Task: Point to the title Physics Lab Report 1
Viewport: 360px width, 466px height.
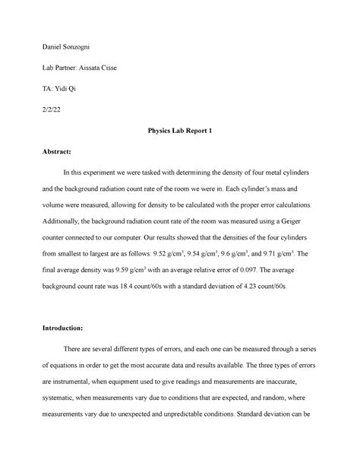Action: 181,132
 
